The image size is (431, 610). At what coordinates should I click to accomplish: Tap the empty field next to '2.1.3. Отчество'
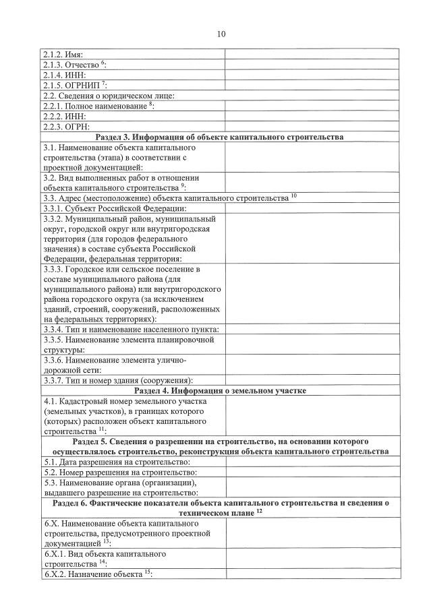pyautogui.click(x=307, y=65)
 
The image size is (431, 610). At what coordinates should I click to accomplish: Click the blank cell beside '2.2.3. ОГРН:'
pyautogui.click(x=307, y=126)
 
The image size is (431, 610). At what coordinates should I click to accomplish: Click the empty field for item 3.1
pyautogui.click(x=307, y=157)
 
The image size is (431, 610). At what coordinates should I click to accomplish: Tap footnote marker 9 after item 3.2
pyautogui.click(x=182, y=185)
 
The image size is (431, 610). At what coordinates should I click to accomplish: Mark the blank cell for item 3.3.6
pyautogui.click(x=307, y=365)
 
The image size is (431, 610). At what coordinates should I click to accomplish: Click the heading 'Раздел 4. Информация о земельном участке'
pyautogui.click(x=221, y=391)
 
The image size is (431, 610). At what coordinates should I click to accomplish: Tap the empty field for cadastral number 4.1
pyautogui.click(x=307, y=416)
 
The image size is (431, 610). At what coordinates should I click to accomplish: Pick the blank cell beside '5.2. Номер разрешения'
pyautogui.click(x=307, y=472)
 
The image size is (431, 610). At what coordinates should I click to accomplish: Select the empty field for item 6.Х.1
pyautogui.click(x=307, y=558)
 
